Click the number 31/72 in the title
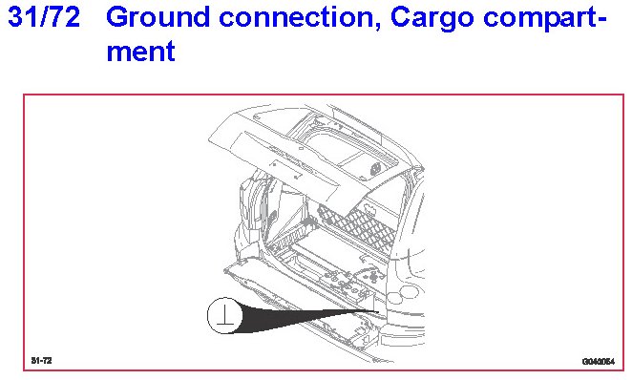44,17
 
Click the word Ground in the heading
158,17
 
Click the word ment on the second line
140,52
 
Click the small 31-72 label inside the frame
41,360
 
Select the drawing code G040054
599,361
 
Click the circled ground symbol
225,315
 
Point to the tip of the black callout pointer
378,311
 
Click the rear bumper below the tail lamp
403,327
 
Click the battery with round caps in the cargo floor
343,281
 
